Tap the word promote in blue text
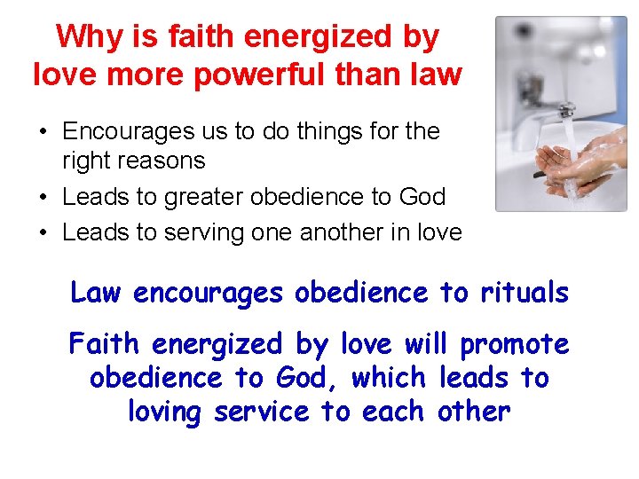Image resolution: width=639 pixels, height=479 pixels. tap(515, 344)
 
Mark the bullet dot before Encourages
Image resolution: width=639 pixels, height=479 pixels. tap(43, 132)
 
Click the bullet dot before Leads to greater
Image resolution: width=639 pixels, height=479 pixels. tap(43, 197)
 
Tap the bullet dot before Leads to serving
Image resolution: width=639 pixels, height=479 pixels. tap(43, 233)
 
